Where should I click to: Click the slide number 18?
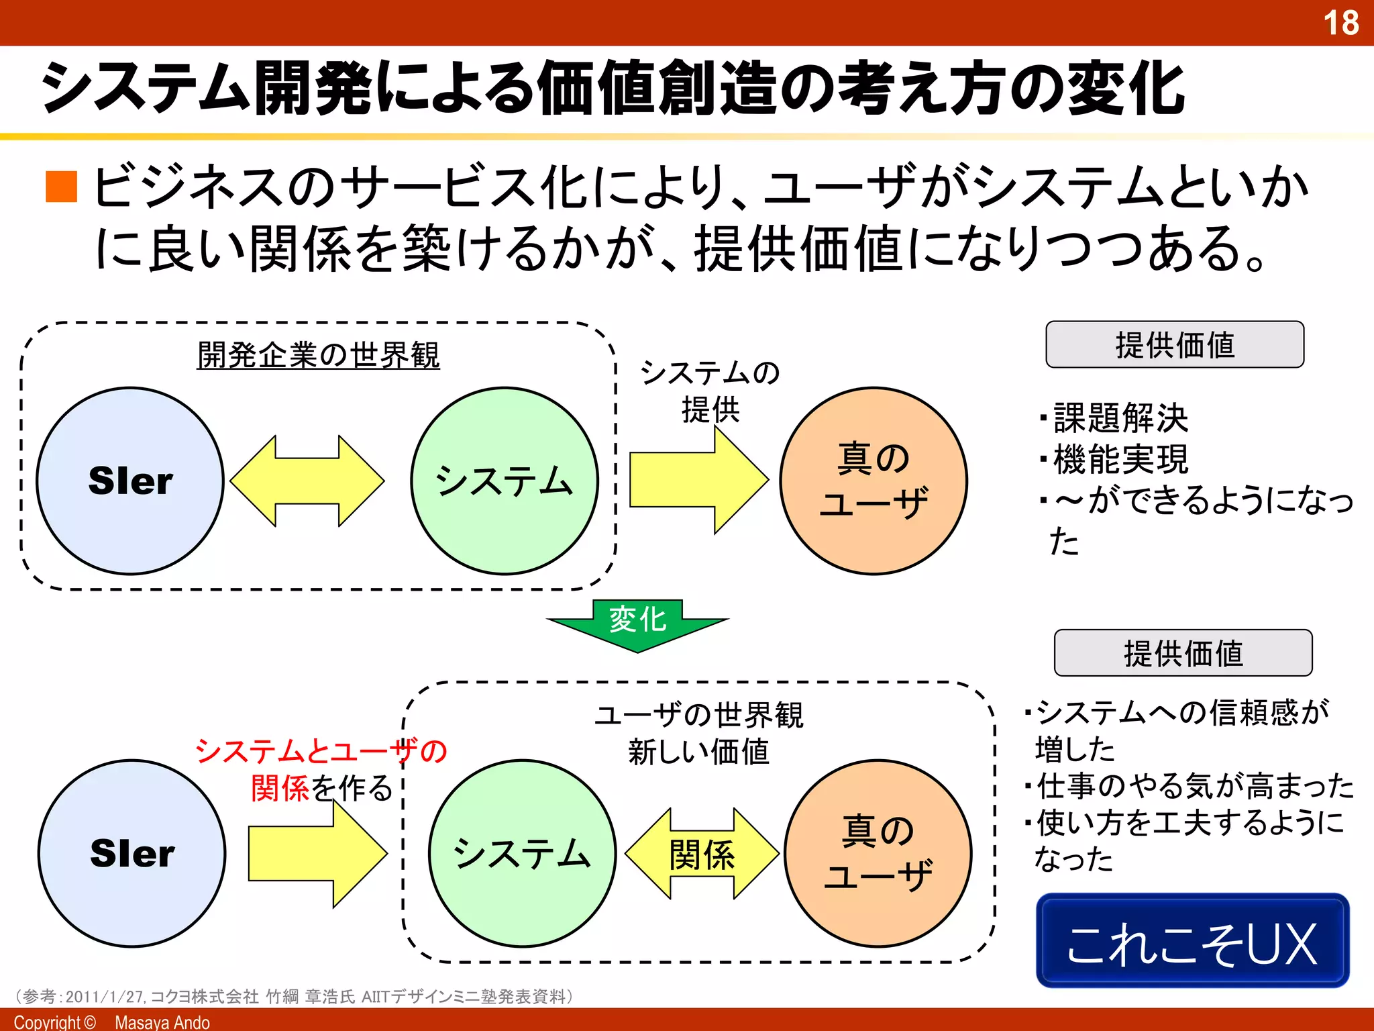coord(1340,23)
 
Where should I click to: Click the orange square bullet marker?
coord(62,187)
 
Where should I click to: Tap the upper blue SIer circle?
coord(130,481)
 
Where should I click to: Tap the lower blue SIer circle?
coord(132,853)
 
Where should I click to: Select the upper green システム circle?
coord(505,481)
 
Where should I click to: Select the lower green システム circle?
coord(522,853)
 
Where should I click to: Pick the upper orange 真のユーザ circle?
coord(874,481)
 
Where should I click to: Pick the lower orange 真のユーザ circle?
coord(878,853)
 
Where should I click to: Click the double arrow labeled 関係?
coord(702,854)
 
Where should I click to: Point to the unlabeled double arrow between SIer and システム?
coord(307,481)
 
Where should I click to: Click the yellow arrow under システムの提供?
coord(698,481)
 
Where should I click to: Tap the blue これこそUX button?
coord(1192,941)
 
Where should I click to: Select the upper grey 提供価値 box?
coord(1175,345)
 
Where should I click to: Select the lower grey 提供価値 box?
coord(1183,652)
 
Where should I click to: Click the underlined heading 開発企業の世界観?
coord(318,354)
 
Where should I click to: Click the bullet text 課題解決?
coord(1120,418)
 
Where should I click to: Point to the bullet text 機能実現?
coord(1120,459)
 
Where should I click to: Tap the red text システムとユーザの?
coord(321,750)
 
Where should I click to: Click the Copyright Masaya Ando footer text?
coord(112,1022)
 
